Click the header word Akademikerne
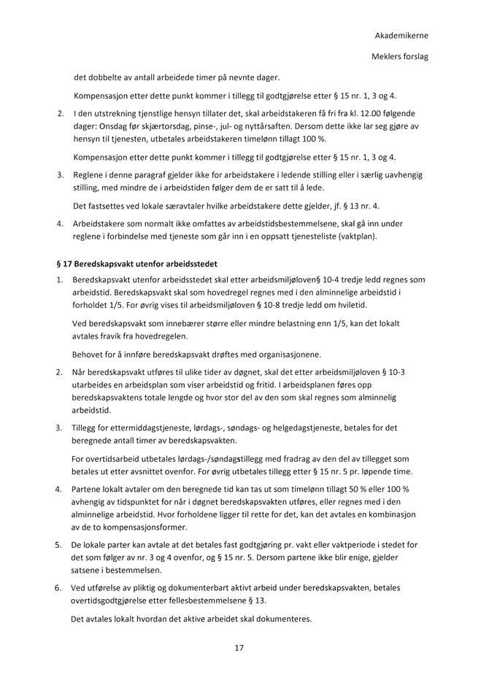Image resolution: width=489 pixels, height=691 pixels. click(401, 35)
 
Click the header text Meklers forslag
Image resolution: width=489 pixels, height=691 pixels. click(399, 56)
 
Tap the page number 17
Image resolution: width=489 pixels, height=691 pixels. click(239, 647)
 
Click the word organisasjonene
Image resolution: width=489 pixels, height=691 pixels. click(281, 355)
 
